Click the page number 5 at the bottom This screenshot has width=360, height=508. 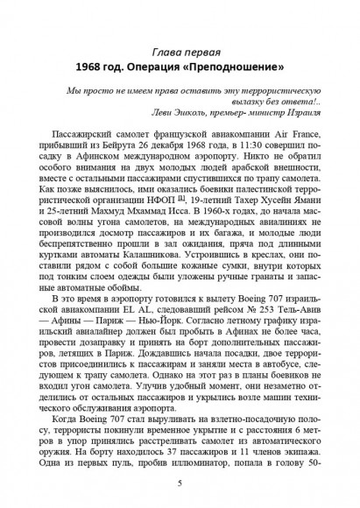[x=180, y=483]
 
